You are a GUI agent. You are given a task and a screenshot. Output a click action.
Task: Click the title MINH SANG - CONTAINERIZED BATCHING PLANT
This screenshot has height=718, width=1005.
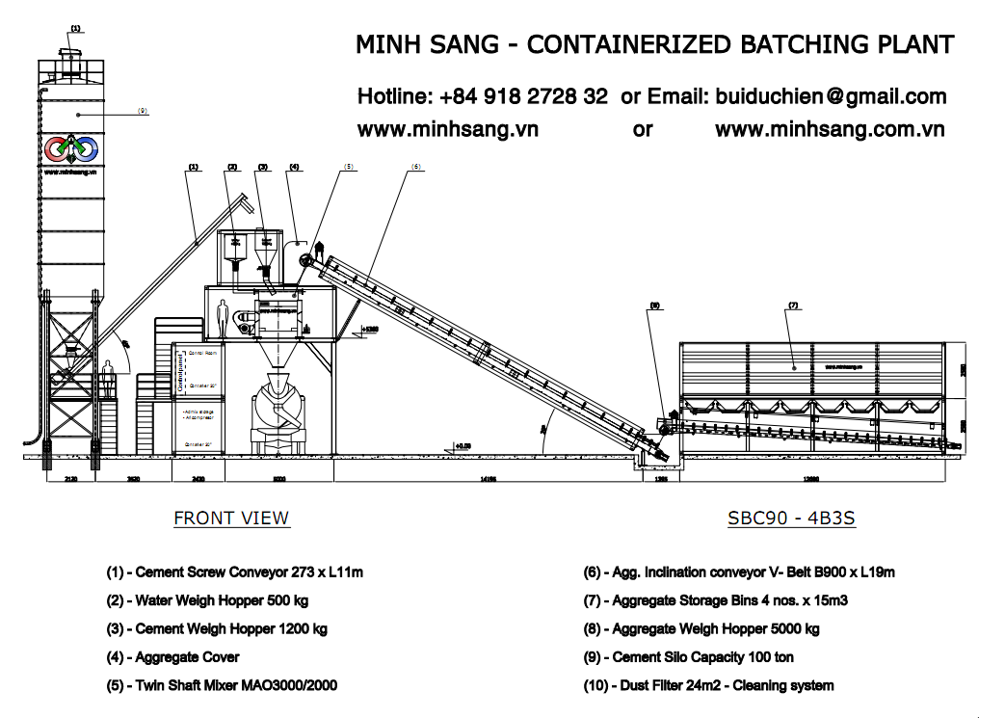(654, 44)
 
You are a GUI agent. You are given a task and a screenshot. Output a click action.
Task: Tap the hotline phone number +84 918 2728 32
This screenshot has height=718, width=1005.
(523, 96)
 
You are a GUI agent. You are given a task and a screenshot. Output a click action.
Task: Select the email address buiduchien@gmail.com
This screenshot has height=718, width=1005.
(829, 96)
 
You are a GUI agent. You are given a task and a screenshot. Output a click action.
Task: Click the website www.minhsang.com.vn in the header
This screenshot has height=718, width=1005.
(829, 129)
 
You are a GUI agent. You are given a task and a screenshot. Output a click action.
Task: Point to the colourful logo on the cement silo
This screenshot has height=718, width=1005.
(70, 149)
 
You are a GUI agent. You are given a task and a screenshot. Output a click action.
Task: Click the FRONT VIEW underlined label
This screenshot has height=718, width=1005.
(231, 518)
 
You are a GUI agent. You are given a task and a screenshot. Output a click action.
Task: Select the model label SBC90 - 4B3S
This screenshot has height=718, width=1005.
(791, 518)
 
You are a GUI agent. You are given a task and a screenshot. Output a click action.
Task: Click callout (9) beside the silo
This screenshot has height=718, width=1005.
(142, 111)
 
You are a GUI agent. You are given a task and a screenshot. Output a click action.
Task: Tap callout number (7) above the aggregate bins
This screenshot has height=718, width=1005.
(793, 306)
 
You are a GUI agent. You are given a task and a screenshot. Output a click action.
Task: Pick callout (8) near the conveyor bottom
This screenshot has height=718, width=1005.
(654, 306)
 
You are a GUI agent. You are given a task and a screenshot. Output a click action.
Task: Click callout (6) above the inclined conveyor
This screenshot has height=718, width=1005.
(416, 167)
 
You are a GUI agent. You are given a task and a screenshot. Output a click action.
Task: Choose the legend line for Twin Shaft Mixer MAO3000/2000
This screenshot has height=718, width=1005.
(222, 685)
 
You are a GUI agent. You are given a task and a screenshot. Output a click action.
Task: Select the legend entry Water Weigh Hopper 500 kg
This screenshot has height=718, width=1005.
(207, 600)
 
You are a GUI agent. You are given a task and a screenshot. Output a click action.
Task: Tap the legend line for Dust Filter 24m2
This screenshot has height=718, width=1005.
(708, 685)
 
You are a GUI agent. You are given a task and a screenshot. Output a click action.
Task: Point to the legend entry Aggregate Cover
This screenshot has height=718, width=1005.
(172, 657)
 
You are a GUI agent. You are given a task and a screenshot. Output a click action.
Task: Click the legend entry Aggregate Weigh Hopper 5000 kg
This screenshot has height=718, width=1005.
(701, 628)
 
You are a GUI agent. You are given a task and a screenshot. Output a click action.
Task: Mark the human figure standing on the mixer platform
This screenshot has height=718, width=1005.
(222, 319)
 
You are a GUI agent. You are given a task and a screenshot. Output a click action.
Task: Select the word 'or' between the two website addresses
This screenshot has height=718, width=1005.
(643, 129)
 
